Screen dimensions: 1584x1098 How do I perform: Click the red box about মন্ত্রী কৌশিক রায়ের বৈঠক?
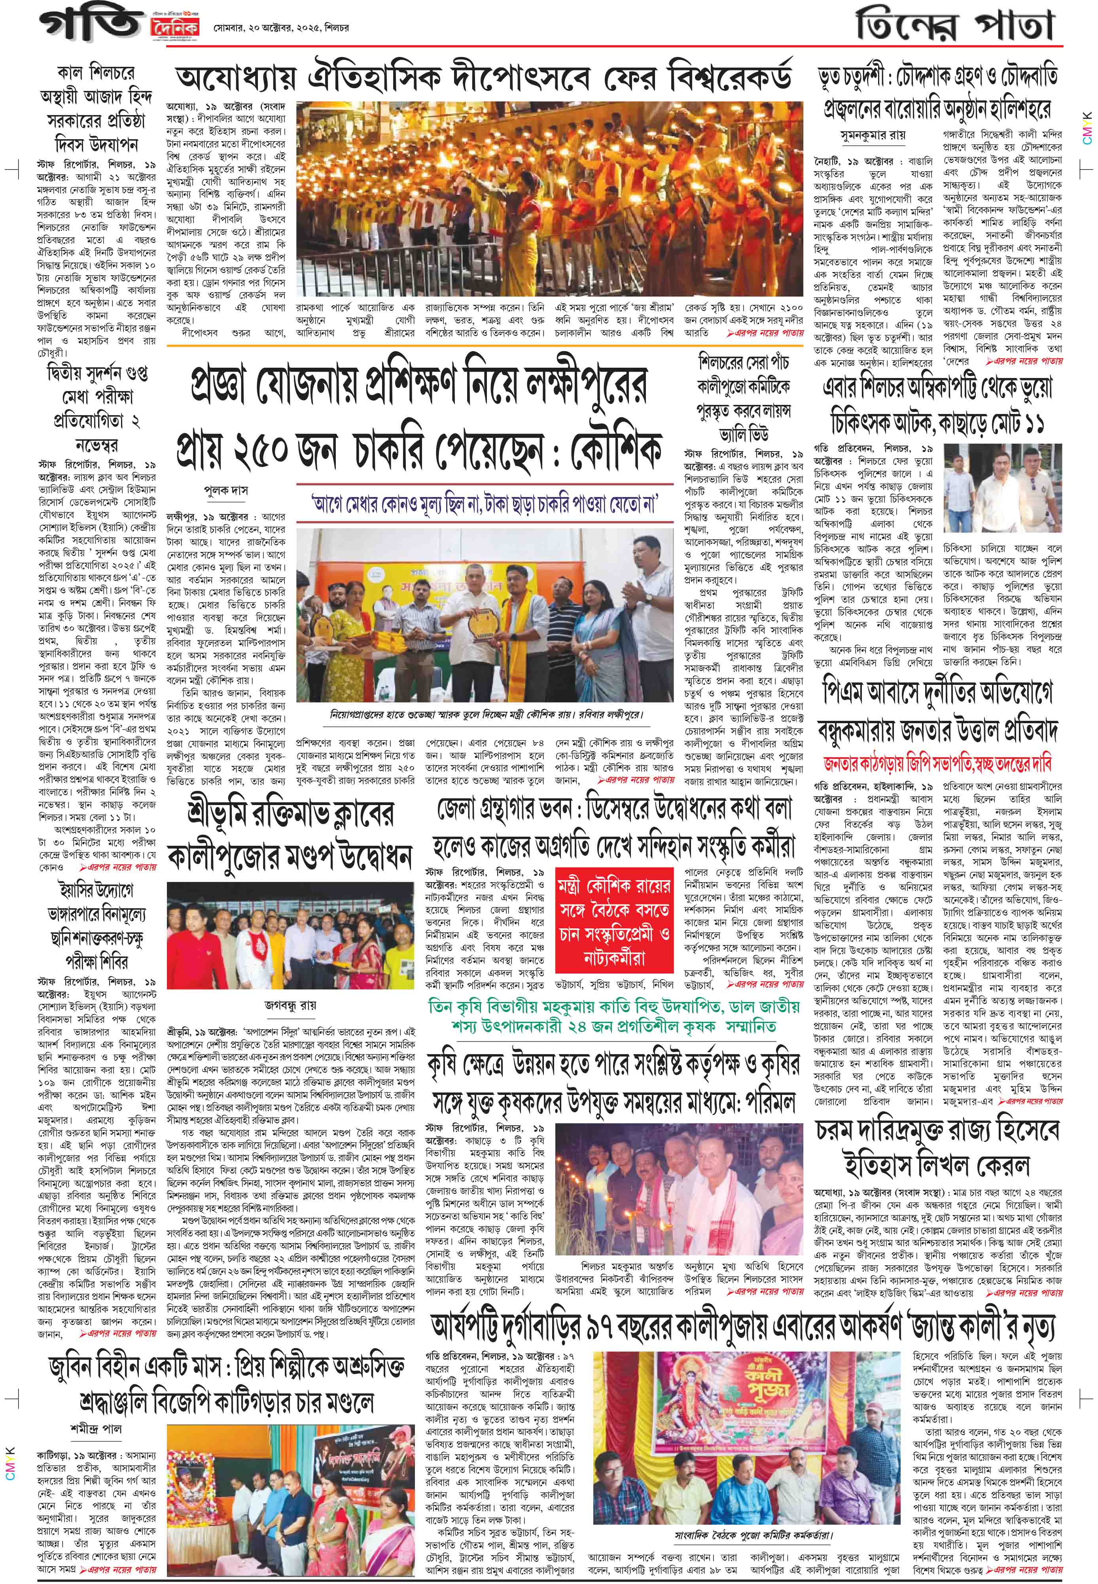point(613,926)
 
